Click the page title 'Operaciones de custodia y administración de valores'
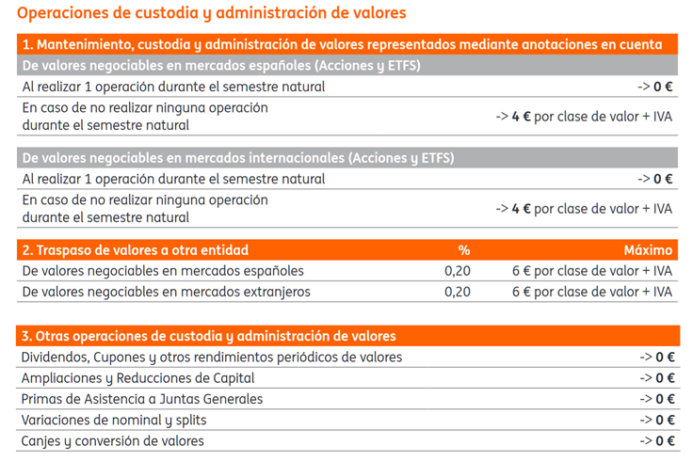pyautogui.click(x=211, y=13)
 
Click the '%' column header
pyautogui.click(x=463, y=250)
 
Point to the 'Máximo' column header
pyautogui.click(x=648, y=250)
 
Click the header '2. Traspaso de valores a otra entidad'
pyautogui.click(x=136, y=250)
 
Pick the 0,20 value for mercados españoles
pyautogui.click(x=458, y=271)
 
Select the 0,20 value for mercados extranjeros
pyautogui.click(x=458, y=292)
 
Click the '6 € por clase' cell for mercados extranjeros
pyautogui.click(x=592, y=292)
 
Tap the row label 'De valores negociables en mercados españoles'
pyautogui.click(x=163, y=271)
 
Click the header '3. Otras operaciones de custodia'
pyautogui.click(x=209, y=336)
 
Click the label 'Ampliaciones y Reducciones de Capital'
pyautogui.click(x=137, y=378)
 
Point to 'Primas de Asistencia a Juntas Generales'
pyautogui.click(x=142, y=399)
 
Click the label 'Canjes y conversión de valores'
pyautogui.click(x=113, y=441)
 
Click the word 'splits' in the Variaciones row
pyautogui.click(x=191, y=421)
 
